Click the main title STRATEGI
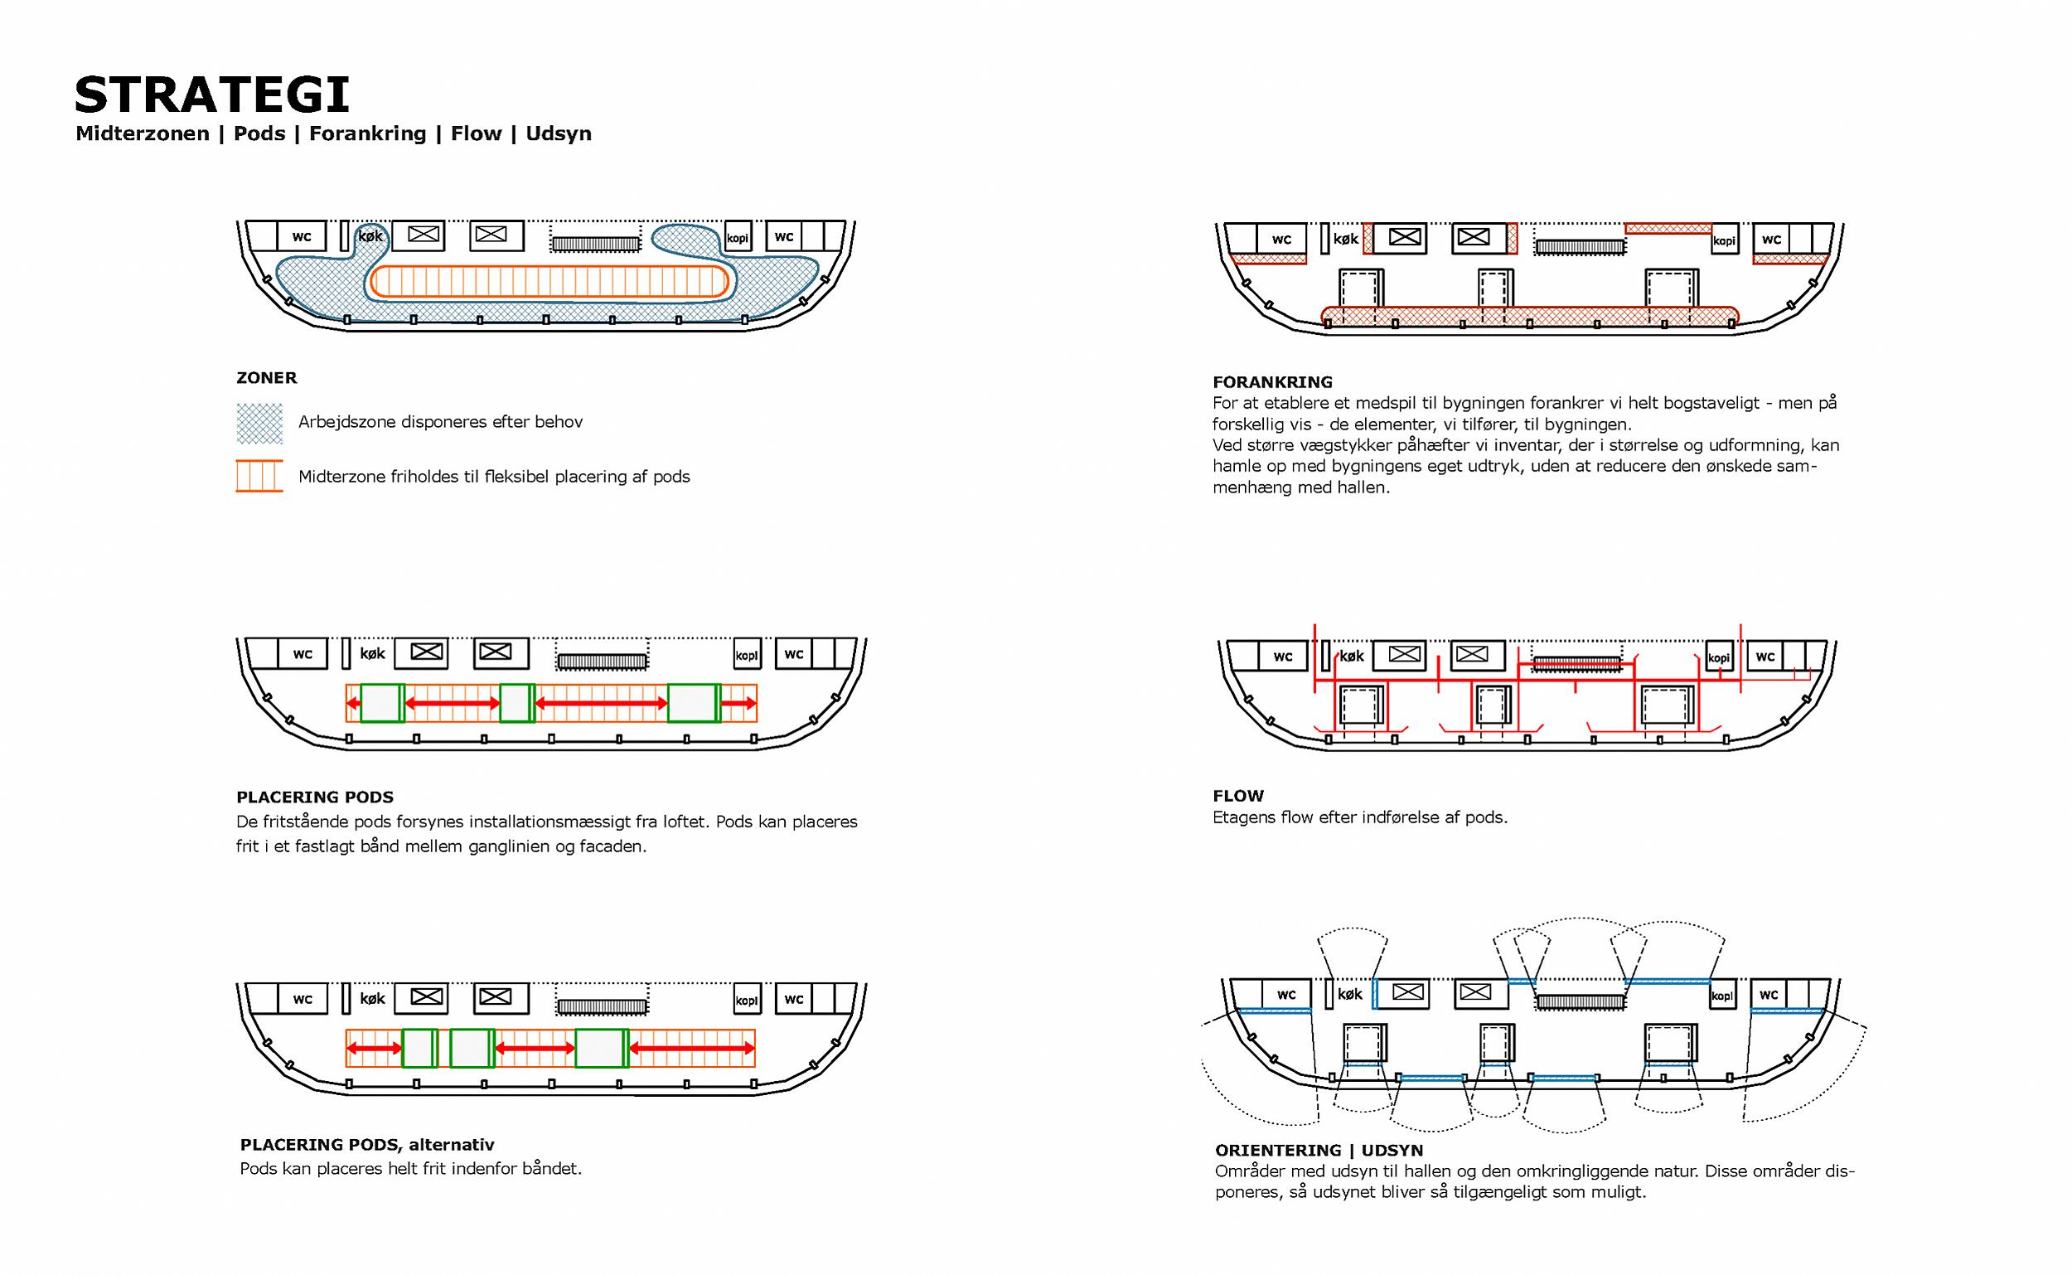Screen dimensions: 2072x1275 point(211,95)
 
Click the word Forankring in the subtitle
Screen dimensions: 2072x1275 point(367,133)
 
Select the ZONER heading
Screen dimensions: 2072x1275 point(266,378)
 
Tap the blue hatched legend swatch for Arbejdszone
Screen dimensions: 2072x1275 point(259,424)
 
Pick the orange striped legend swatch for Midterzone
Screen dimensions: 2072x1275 point(259,476)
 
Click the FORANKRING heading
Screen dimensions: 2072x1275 point(1272,382)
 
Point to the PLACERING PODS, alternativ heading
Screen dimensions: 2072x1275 point(366,1144)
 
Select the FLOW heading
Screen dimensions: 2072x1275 point(1238,796)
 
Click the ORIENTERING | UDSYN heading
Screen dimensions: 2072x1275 point(1319,1150)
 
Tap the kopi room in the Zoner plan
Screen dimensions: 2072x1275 point(738,237)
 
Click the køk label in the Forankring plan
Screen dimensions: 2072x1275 point(1345,240)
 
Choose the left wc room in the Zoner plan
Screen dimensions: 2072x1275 point(301,236)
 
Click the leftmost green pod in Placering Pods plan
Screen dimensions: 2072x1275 point(382,702)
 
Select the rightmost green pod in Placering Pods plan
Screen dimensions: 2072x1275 point(694,702)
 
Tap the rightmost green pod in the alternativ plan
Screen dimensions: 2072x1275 point(601,1048)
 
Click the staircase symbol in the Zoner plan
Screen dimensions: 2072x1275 point(595,244)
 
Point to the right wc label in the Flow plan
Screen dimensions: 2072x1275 point(1765,656)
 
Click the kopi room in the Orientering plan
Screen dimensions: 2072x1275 point(1722,996)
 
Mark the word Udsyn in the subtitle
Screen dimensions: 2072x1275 point(558,133)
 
